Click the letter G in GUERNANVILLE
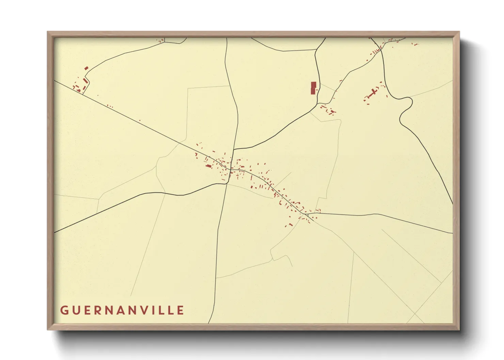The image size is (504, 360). tap(64, 310)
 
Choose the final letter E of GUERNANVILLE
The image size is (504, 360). tap(181, 310)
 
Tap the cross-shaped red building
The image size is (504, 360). tap(374, 92)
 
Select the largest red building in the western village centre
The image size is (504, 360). tap(208, 166)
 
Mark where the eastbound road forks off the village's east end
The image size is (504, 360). tap(306, 214)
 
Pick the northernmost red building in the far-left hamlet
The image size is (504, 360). tap(86, 68)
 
